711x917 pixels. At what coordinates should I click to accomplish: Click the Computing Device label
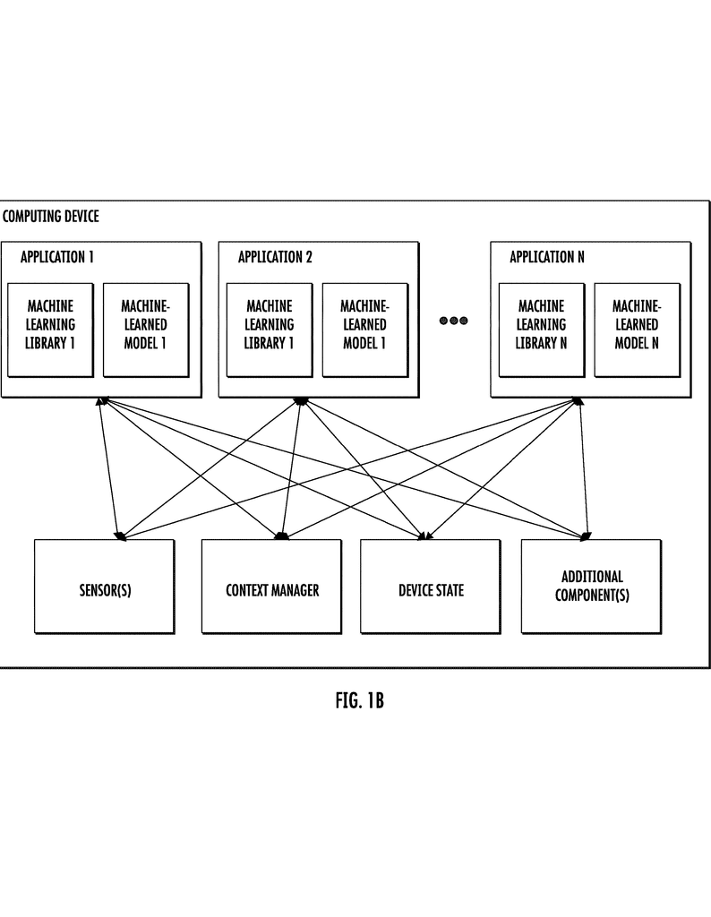pos(51,217)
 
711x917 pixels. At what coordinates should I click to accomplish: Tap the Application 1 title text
pos(57,258)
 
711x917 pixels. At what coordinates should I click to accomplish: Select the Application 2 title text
pos(275,258)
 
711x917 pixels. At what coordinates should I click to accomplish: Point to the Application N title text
pos(547,258)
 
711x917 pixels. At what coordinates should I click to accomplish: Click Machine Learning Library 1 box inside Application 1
pos(51,324)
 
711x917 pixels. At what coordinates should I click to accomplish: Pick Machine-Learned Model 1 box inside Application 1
pos(145,324)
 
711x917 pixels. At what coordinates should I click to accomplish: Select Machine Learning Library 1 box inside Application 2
pos(270,324)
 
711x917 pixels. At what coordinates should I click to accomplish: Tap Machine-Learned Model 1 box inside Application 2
pos(364,324)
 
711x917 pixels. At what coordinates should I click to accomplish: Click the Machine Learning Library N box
pos(542,324)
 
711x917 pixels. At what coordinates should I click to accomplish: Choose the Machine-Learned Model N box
pos(636,324)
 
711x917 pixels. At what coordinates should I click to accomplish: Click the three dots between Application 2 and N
pos(454,321)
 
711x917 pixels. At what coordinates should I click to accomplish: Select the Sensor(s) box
pos(105,591)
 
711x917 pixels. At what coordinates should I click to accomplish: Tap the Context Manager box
pos(271,591)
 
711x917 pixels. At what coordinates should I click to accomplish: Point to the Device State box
pos(431,591)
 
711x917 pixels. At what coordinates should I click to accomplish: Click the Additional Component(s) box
pos(591,587)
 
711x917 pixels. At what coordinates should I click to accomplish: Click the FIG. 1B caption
pos(359,700)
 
